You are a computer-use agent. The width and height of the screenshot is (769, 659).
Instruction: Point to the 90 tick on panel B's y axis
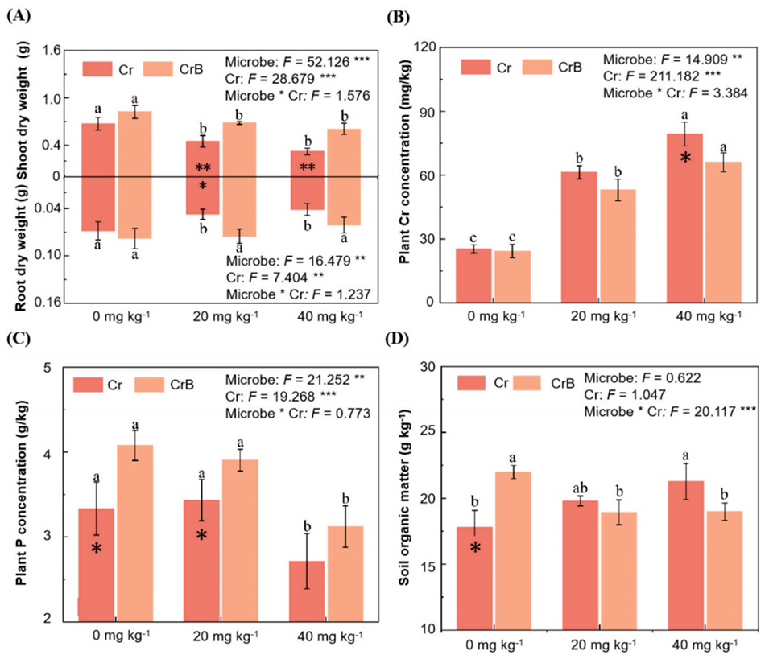(x=436, y=112)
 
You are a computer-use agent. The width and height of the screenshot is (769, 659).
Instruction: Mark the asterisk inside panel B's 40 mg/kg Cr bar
(x=684, y=159)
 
